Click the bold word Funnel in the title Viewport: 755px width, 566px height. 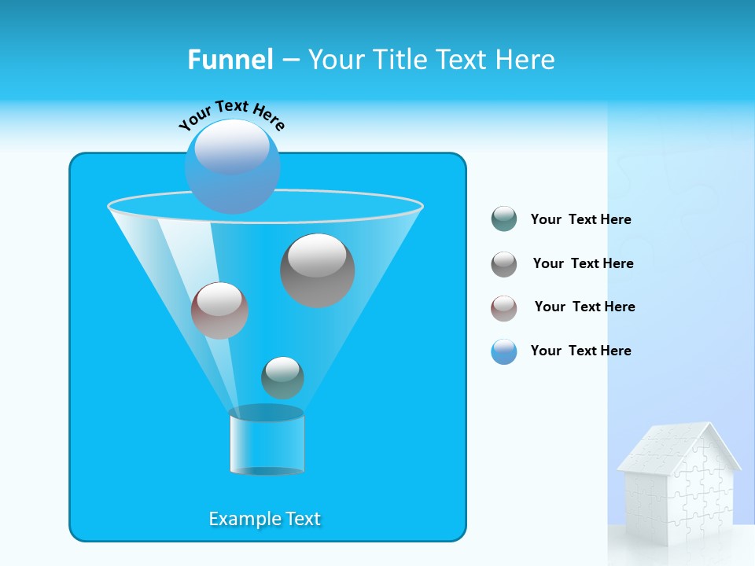tap(230, 60)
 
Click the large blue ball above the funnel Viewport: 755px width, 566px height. tap(232, 166)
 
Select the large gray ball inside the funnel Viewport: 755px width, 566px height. tap(317, 270)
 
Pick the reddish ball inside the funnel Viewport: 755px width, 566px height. tap(219, 310)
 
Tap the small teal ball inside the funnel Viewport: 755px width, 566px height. tap(282, 377)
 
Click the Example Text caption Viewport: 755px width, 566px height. tap(264, 519)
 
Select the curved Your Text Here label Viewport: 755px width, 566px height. tap(232, 115)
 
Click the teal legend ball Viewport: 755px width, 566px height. tap(504, 219)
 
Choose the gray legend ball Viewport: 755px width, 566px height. tap(504, 263)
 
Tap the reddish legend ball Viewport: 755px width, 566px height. tap(504, 307)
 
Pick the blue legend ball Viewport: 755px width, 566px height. tap(504, 351)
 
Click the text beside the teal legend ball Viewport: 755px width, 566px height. tap(580, 220)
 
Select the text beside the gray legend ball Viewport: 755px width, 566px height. tap(583, 264)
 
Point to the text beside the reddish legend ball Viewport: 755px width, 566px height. tap(584, 307)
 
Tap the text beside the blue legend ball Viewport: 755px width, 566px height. tap(580, 351)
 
